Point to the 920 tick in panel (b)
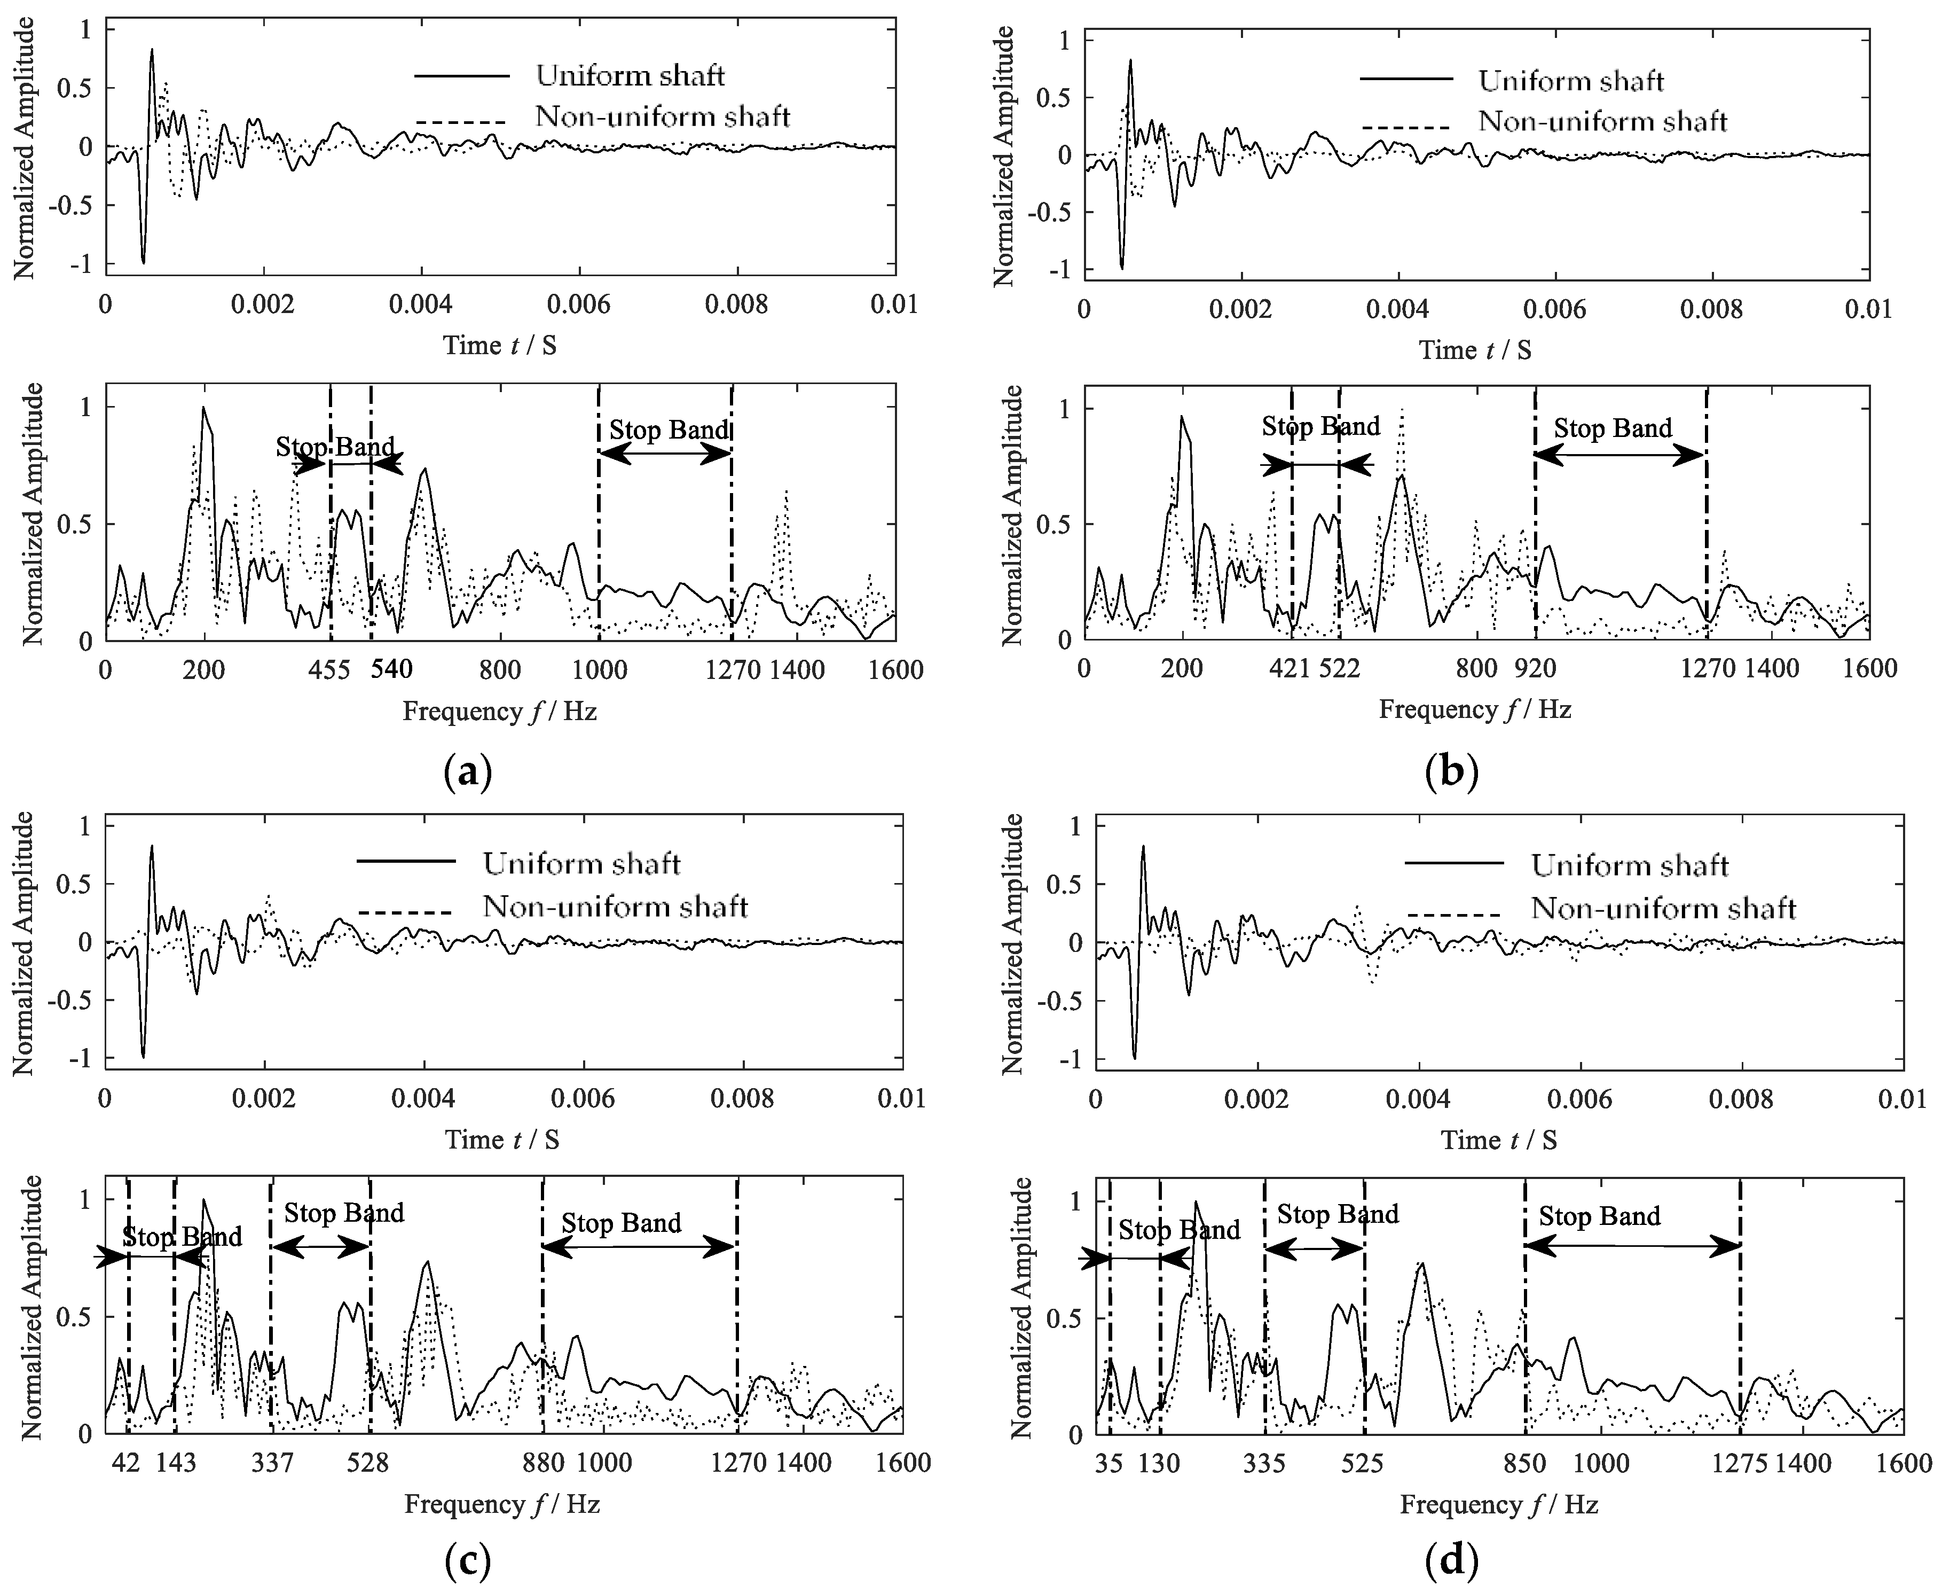coord(1535,668)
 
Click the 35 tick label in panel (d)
coord(1108,1463)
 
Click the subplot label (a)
coord(468,772)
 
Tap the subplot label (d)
coord(1452,1561)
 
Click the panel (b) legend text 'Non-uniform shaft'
coord(1602,121)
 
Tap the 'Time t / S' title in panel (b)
coord(1475,349)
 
